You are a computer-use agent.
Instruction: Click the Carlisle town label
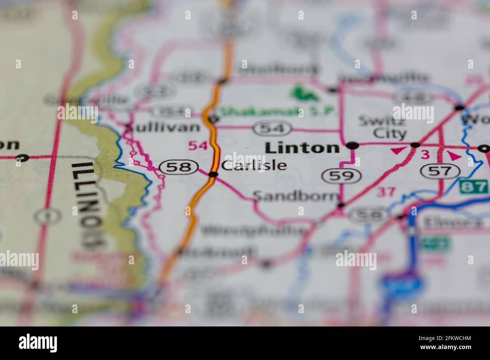[x=254, y=165]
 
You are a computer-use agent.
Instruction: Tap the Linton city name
[x=302, y=148]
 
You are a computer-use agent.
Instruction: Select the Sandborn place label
[x=296, y=196]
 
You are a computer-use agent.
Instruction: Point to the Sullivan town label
[x=163, y=127]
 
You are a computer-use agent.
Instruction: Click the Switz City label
[x=382, y=127]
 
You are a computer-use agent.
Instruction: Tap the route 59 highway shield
[x=341, y=175]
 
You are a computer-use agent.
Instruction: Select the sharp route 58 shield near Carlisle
[x=179, y=167]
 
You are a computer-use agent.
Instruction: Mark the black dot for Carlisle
[x=213, y=174]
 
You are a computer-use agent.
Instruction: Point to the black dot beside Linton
[x=352, y=145]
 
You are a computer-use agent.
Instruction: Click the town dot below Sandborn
[x=341, y=205]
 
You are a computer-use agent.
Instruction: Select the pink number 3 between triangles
[x=425, y=154]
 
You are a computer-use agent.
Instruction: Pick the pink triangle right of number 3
[x=454, y=156]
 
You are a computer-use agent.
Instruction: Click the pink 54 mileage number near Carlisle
[x=198, y=145]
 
